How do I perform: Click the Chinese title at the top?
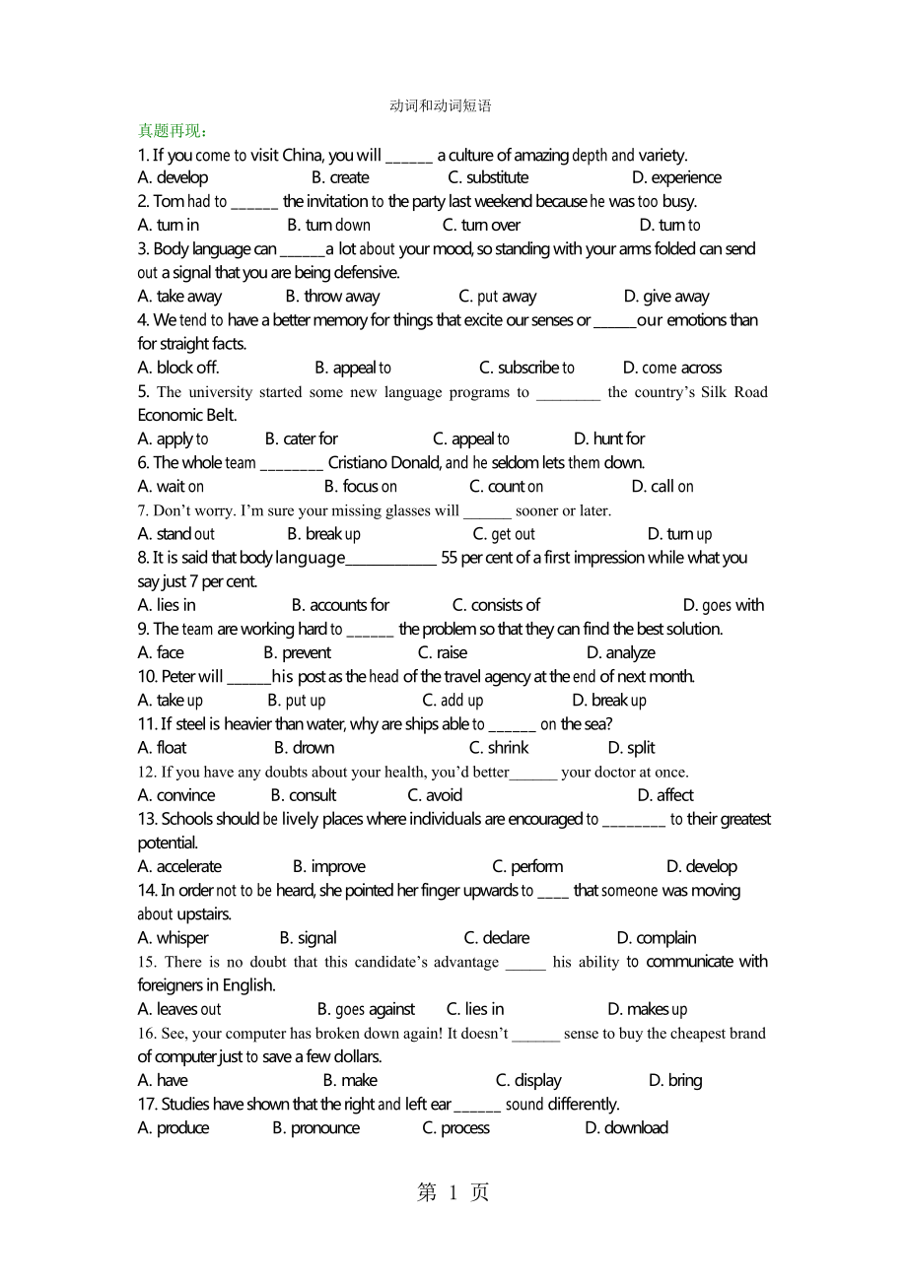(440, 106)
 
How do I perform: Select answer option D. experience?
(676, 178)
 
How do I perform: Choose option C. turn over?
(481, 226)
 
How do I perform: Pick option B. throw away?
(332, 297)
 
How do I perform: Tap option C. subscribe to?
(526, 369)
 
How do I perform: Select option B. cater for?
(301, 439)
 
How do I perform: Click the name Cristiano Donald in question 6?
(384, 463)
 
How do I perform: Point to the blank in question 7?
(487, 511)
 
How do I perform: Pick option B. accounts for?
(340, 605)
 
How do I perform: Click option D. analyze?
(620, 653)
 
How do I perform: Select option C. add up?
(453, 701)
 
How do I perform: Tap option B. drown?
(304, 748)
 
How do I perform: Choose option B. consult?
(303, 795)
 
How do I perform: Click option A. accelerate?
(179, 867)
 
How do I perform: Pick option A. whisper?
(174, 938)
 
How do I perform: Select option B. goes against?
(366, 1009)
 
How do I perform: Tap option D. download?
(626, 1128)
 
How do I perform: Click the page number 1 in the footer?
(453, 1193)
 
